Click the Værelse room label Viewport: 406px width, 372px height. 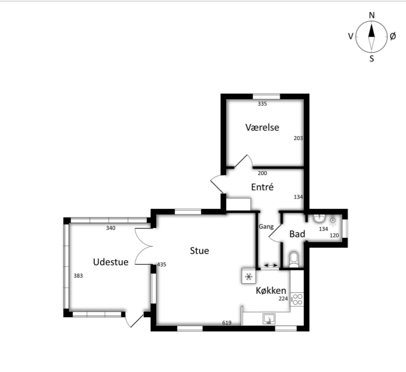pos(262,127)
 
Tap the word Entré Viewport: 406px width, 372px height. pos(262,187)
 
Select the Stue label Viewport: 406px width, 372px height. pos(199,251)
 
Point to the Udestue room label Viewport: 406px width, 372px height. pos(111,262)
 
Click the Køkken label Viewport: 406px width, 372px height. pos(271,290)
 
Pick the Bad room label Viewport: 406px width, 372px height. pos(297,234)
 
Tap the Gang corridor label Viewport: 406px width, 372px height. pos(266,227)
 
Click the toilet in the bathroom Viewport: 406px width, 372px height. pos(294,260)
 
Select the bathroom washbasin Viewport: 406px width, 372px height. pos(319,218)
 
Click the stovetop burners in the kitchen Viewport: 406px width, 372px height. pos(297,299)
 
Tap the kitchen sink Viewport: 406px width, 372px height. pos(269,319)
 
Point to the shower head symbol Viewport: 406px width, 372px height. pos(333,220)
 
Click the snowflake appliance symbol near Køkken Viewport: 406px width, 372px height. pos(248,276)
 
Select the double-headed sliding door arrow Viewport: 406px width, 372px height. pos(271,265)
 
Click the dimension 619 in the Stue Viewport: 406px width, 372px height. pos(227,323)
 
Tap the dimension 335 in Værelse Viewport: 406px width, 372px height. pos(262,104)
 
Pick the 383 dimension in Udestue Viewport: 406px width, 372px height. pos(78,276)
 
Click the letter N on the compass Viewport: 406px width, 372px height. pos(372,15)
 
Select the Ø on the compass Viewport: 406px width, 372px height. pos(392,36)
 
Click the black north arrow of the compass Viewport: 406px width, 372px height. pos(372,31)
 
